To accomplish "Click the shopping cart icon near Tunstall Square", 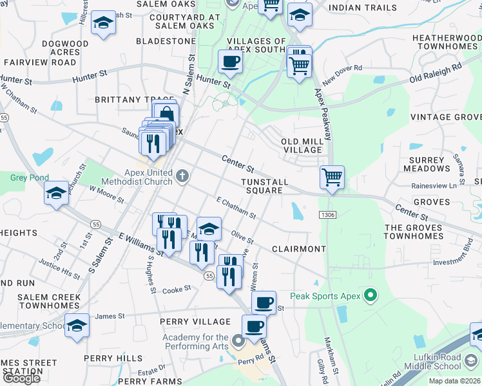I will click(332, 176).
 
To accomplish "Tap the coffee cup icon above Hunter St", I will click(230, 62).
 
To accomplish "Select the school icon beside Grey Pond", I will click(56, 192).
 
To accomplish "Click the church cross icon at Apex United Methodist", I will click(182, 176).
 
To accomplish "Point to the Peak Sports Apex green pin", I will click(370, 296).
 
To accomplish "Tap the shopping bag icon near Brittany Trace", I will click(166, 115).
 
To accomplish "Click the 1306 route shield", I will click(327, 215).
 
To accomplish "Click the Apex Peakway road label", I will click(324, 115).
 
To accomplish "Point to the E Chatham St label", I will click(236, 208).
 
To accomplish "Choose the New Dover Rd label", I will click(343, 80).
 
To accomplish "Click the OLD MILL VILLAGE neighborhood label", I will click(302, 145).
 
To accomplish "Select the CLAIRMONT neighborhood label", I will click(298, 248).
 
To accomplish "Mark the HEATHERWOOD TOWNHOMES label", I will click(447, 43).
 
